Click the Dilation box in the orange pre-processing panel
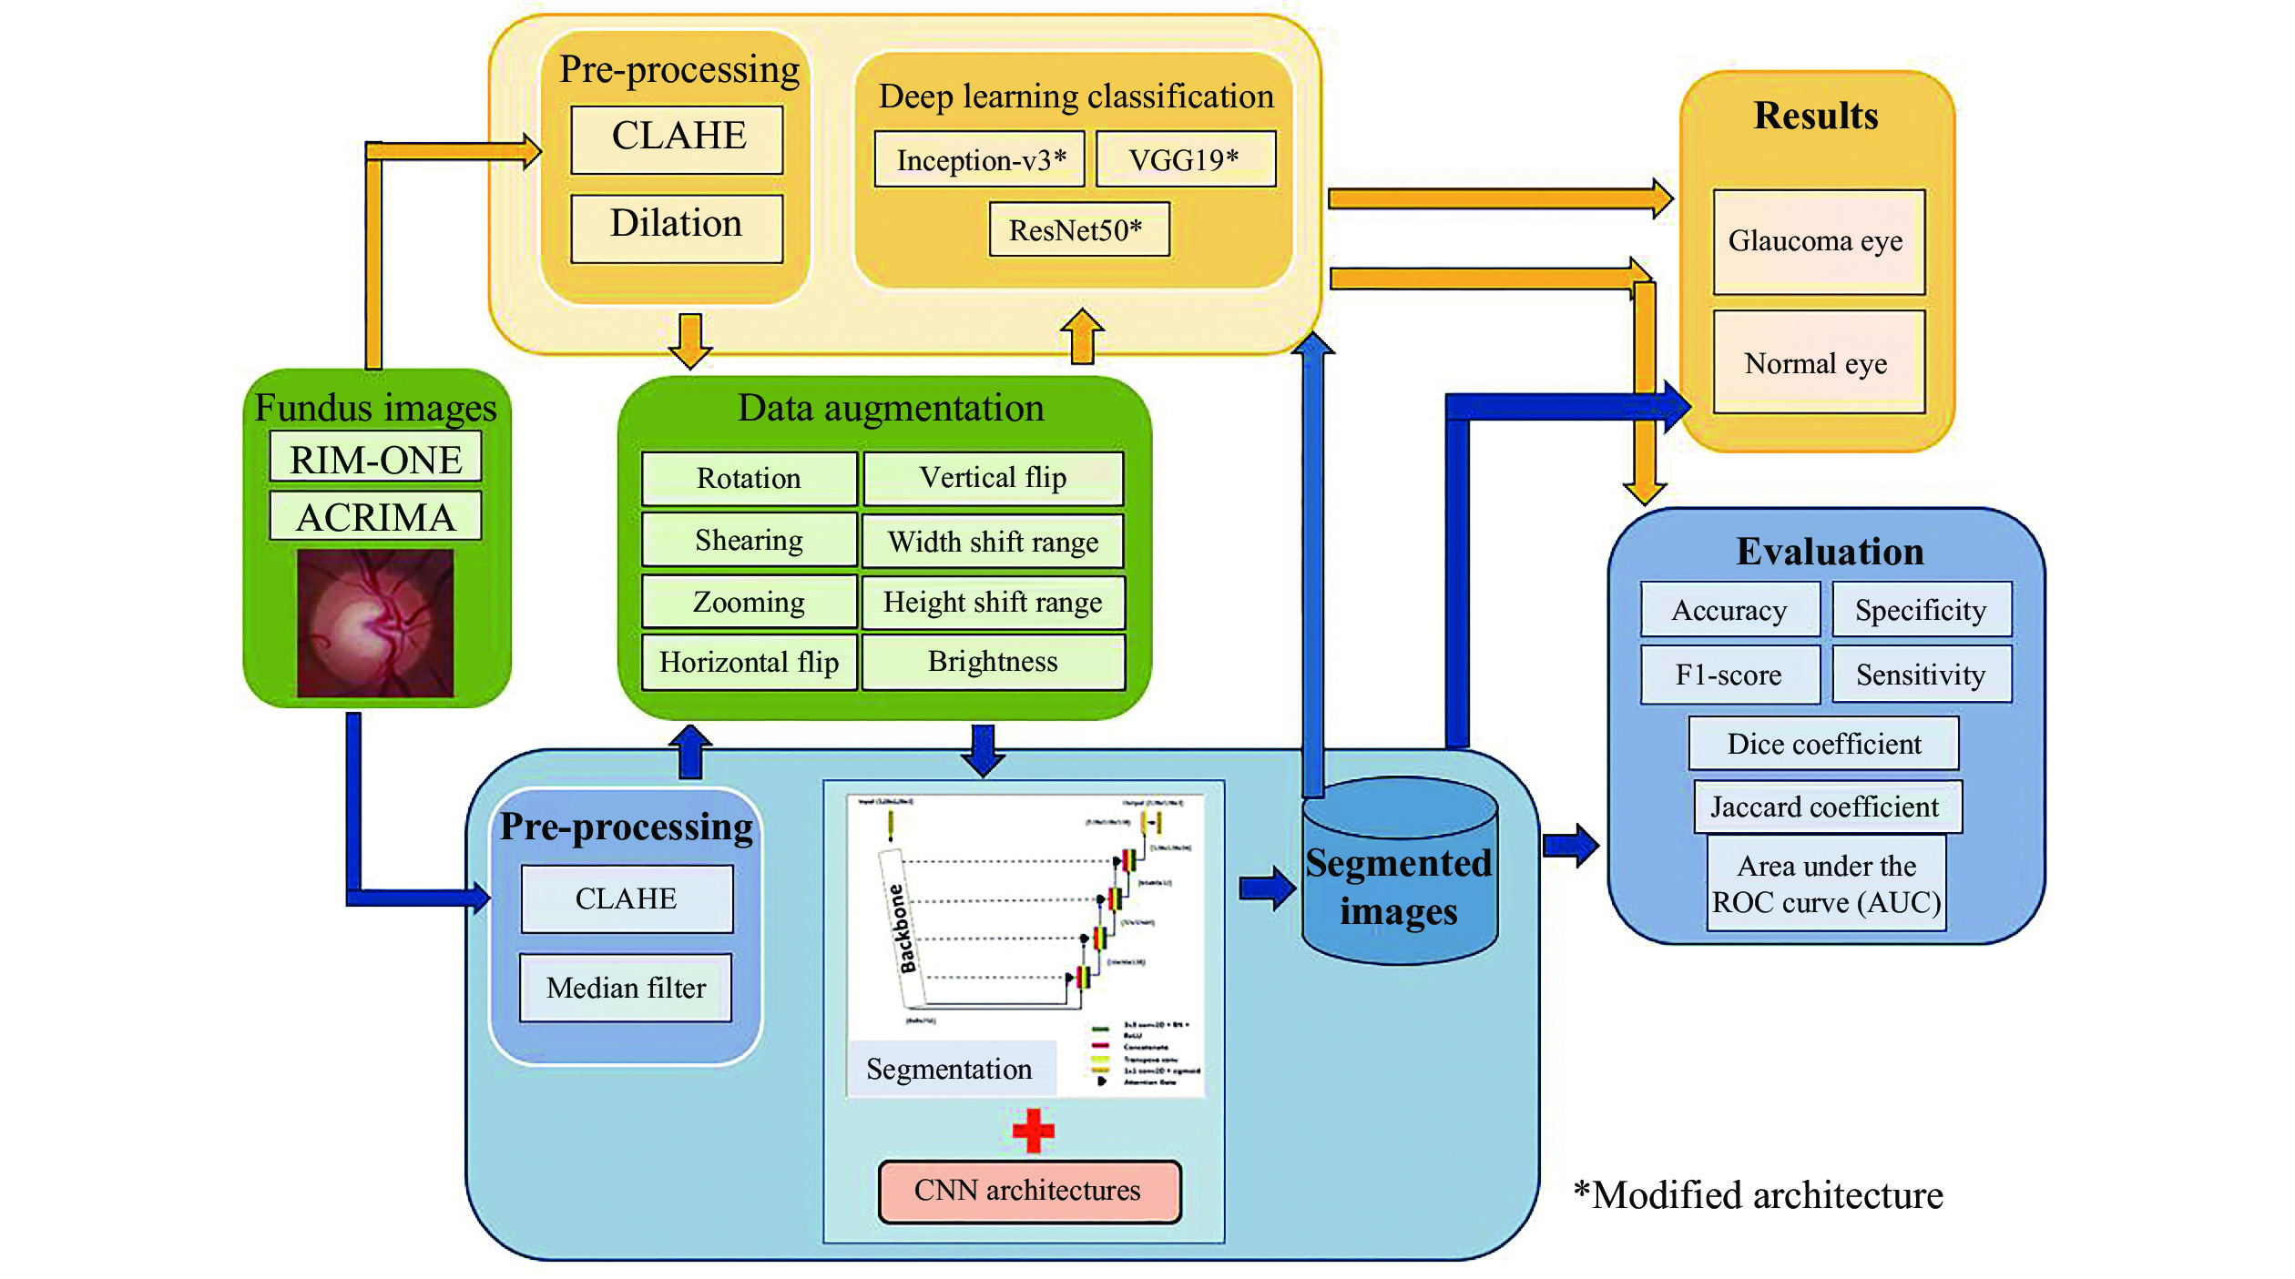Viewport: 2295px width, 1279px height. [677, 227]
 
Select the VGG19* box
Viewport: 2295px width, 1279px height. [1185, 159]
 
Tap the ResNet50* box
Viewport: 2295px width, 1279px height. [1078, 229]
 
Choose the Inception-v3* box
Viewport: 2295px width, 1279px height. [980, 159]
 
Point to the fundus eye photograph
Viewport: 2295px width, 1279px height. [375, 623]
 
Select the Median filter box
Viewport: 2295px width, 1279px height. [626, 987]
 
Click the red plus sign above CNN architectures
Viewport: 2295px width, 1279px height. [1033, 1131]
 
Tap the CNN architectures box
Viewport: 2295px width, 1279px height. [1029, 1190]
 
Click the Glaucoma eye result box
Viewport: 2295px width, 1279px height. [1818, 241]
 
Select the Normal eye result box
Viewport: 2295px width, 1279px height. [1818, 363]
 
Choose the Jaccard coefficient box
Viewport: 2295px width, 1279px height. [1827, 807]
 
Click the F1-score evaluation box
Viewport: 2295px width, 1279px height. [1729, 675]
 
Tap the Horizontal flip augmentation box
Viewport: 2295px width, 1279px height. [749, 662]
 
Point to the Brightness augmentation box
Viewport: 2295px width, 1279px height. [993, 662]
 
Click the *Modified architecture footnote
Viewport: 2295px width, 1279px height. [1758, 1194]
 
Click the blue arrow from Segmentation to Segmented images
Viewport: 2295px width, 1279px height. [1267, 888]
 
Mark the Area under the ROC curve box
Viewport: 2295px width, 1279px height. [1827, 883]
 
